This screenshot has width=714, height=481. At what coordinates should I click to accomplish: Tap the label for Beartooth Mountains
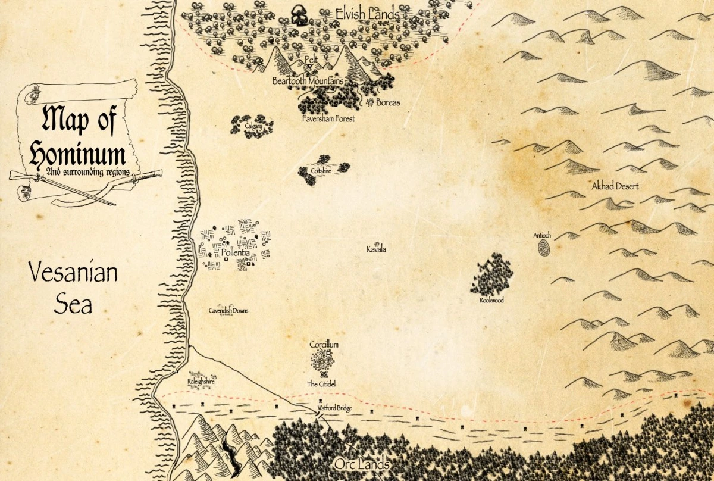tap(308, 80)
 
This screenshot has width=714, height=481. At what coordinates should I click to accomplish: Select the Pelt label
tap(311, 60)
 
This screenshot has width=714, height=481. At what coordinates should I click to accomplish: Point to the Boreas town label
tap(388, 102)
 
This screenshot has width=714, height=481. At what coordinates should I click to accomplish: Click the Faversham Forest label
tap(328, 119)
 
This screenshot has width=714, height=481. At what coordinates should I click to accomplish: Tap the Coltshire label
tap(320, 170)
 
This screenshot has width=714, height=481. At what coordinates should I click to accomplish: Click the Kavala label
tap(376, 249)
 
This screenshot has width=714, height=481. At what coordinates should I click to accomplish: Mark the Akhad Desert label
tap(615, 186)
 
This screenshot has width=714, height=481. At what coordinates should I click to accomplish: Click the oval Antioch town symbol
tap(543, 247)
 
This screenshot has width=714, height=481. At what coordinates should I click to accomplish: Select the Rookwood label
tap(491, 301)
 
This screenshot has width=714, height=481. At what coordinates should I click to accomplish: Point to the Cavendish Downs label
tap(228, 311)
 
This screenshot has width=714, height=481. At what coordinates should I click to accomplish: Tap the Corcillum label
tap(324, 345)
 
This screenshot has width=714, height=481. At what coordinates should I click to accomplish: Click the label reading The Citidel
tap(321, 385)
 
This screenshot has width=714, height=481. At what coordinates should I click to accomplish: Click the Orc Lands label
tap(362, 464)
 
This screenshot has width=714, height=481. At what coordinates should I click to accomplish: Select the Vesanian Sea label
tap(74, 289)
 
